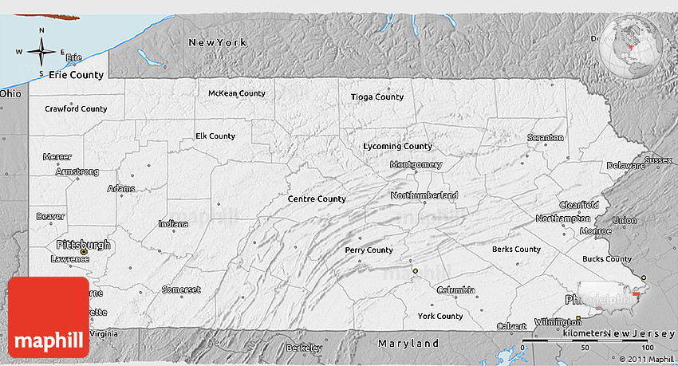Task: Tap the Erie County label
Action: (76, 75)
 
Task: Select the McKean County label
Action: (236, 93)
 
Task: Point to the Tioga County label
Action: (376, 97)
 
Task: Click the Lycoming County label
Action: (397, 146)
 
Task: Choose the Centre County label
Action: (317, 199)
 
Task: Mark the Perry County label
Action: (369, 250)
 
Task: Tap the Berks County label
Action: (516, 250)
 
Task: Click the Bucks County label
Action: (607, 259)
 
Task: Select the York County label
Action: (440, 317)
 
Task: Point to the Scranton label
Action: (546, 138)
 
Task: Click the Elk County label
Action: (215, 136)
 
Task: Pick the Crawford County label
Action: (76, 108)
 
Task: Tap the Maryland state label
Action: (408, 344)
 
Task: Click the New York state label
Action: (218, 41)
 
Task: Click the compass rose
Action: (41, 53)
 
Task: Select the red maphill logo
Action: (49, 317)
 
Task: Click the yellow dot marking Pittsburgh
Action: (83, 252)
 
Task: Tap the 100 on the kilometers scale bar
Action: (646, 348)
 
